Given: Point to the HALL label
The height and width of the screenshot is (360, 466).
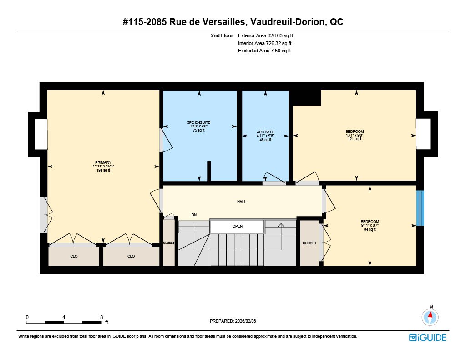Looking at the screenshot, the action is pyautogui.click(x=242, y=202).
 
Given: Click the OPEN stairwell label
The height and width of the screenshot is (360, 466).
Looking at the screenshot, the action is pyautogui.click(x=238, y=226).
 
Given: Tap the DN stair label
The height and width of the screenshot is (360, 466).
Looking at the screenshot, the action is pyautogui.click(x=194, y=215).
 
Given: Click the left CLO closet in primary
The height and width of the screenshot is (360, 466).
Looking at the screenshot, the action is pyautogui.click(x=74, y=256).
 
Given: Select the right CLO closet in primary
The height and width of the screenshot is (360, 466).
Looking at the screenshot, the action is pyautogui.click(x=131, y=256).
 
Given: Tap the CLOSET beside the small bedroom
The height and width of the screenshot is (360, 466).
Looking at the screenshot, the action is pyautogui.click(x=309, y=243).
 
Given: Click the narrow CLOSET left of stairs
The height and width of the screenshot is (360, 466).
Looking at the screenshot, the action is pyautogui.click(x=169, y=243).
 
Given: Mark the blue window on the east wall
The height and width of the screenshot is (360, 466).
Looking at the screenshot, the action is pyautogui.click(x=420, y=208).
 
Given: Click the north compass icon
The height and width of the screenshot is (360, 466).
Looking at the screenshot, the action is pyautogui.click(x=430, y=317).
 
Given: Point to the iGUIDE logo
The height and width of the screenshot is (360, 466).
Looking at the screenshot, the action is pyautogui.click(x=428, y=338).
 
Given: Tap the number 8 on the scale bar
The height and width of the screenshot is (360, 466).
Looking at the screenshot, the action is pyautogui.click(x=101, y=317).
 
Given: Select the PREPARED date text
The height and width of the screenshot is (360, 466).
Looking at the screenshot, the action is pyautogui.click(x=233, y=321).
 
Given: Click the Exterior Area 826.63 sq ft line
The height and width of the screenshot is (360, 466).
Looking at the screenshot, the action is pyautogui.click(x=265, y=35).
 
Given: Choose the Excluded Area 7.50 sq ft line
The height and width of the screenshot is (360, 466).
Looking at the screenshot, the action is pyautogui.click(x=264, y=51).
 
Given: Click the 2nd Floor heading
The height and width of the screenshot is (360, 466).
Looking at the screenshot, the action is pyautogui.click(x=222, y=35).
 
